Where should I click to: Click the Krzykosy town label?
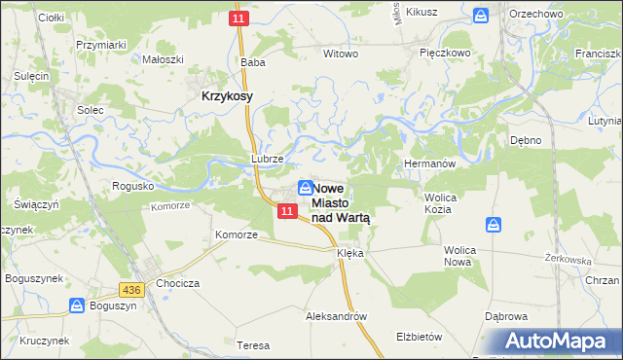(227, 96)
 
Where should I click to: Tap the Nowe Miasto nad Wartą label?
(341, 203)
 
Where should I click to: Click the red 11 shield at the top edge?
(239, 18)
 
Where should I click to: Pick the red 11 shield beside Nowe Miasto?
(285, 211)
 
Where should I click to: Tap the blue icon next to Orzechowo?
(481, 16)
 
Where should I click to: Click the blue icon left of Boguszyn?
(77, 306)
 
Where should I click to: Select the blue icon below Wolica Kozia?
(495, 226)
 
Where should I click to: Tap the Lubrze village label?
(267, 158)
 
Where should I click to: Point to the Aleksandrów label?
(336, 316)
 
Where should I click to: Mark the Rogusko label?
(134, 185)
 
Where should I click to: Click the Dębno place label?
(526, 140)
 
